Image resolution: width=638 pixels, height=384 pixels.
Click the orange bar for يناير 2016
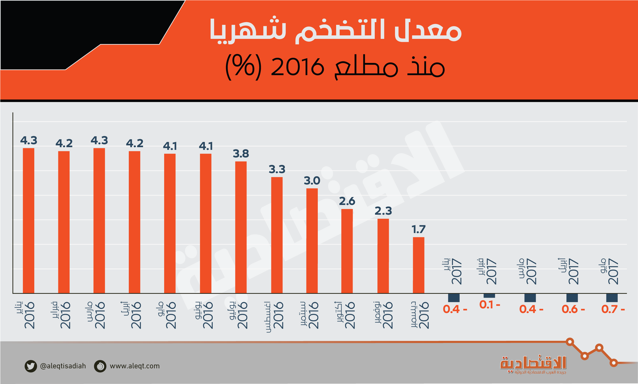click(28, 220)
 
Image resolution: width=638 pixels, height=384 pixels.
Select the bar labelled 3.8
click(241, 227)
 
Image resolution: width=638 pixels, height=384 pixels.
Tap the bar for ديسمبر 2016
click(418, 265)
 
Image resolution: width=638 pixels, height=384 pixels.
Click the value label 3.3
click(277, 170)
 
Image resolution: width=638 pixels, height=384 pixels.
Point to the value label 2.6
click(347, 201)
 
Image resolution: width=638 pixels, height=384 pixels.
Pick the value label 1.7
click(418, 230)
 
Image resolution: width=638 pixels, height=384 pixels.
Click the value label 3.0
click(312, 181)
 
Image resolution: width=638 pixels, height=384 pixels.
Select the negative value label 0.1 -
click(490, 305)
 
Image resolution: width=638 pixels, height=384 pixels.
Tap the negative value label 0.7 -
click(613, 309)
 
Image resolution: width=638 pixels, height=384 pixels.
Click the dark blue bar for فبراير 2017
click(489, 296)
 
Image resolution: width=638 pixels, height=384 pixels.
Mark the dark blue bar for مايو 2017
click(612, 298)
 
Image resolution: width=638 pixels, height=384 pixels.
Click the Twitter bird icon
click(31, 366)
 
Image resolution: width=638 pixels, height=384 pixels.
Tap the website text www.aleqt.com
click(134, 366)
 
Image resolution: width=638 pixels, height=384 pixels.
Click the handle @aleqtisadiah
click(63, 366)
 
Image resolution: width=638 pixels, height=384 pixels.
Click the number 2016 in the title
click(297, 67)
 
